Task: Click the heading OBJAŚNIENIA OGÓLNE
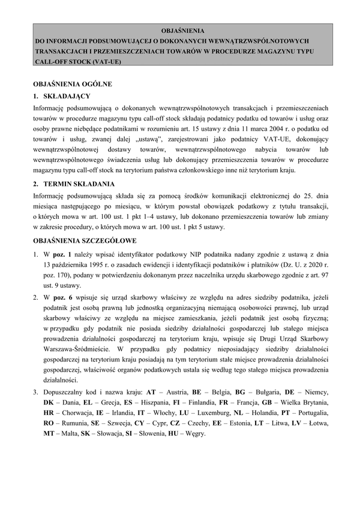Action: coord(72,85)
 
